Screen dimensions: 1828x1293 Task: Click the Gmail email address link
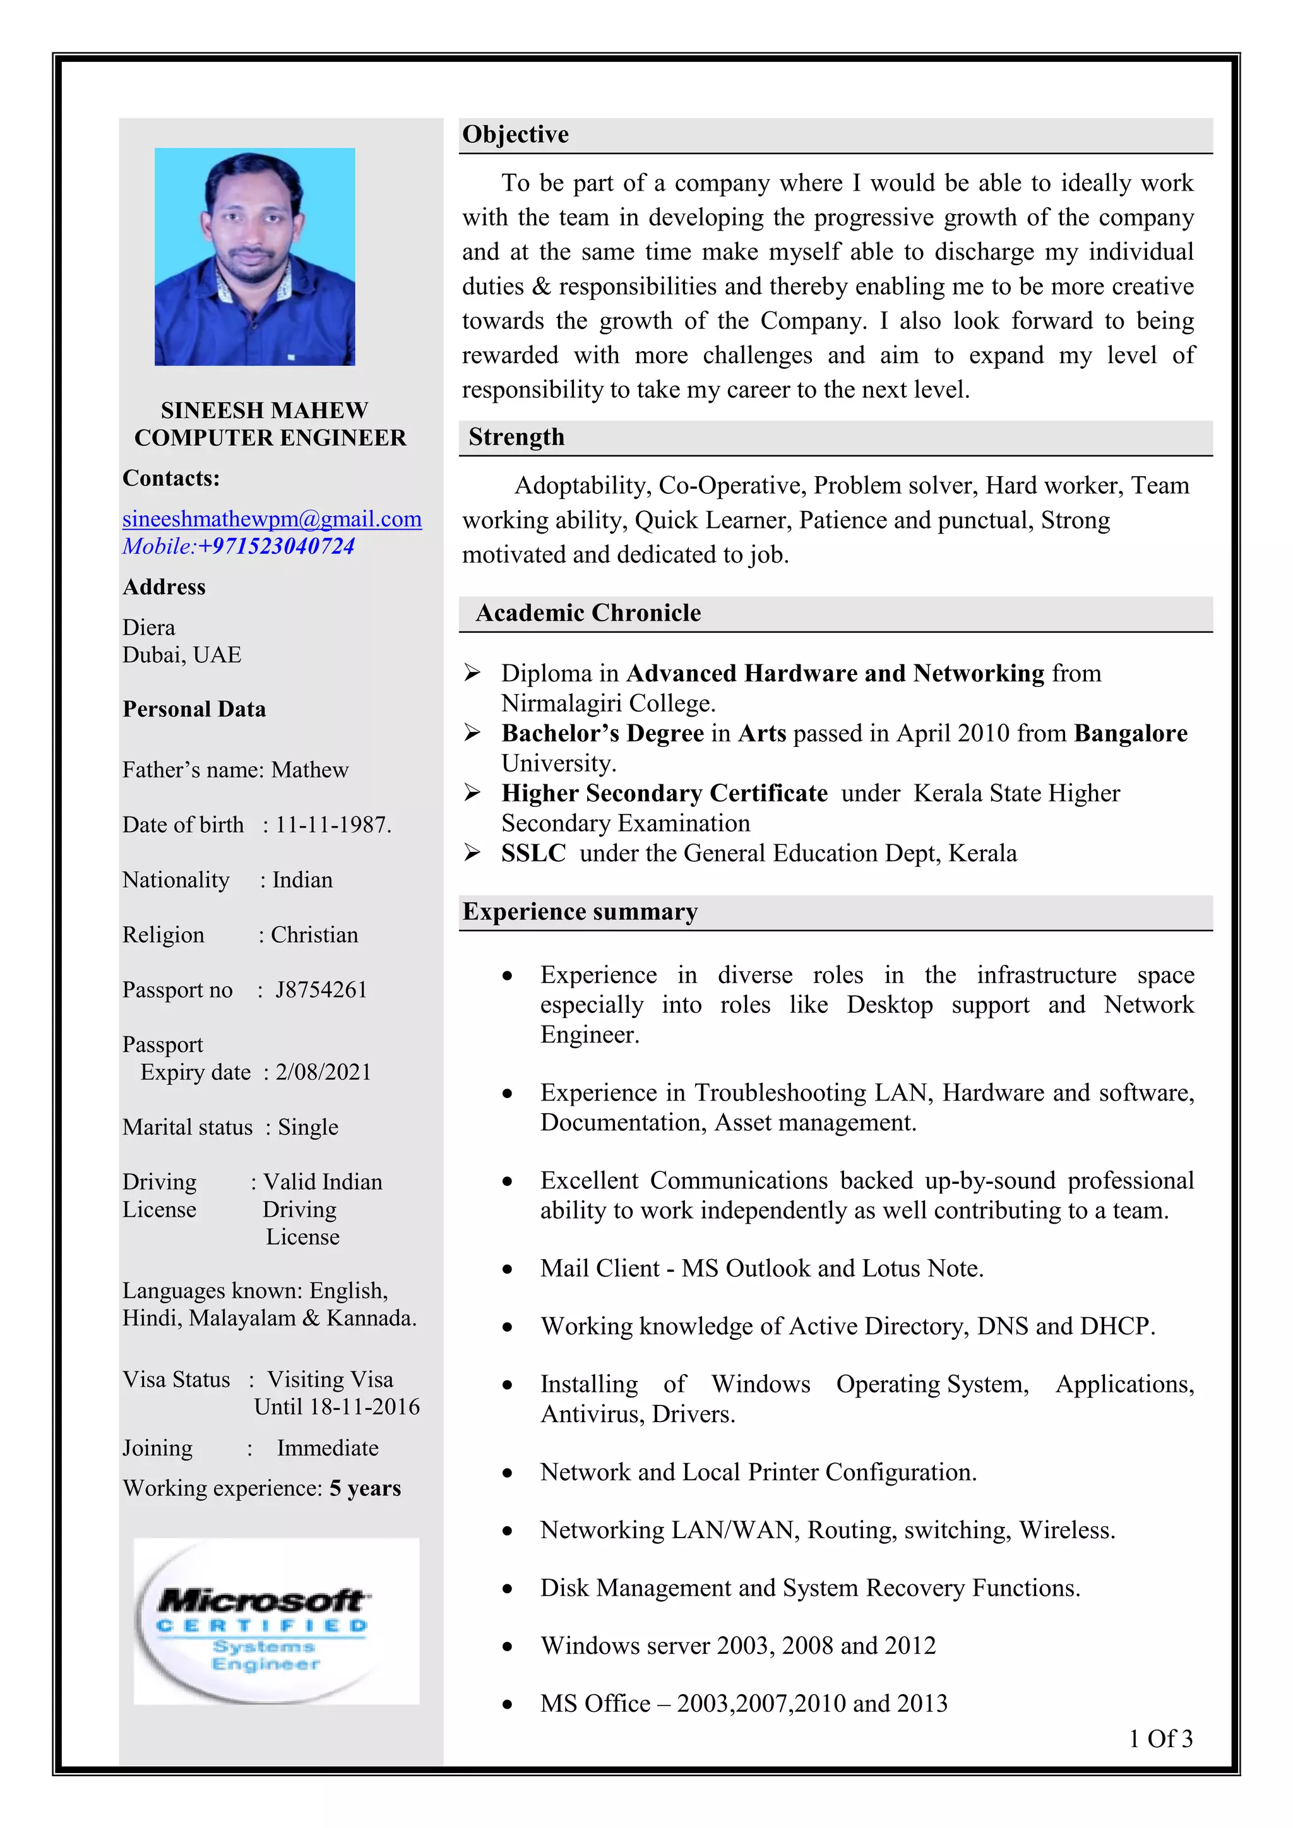tap(271, 519)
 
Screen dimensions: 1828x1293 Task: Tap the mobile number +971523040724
tap(277, 546)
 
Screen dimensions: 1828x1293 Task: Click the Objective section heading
tap(515, 134)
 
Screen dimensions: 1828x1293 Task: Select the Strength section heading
tap(516, 437)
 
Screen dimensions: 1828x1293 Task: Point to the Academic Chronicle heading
tap(588, 613)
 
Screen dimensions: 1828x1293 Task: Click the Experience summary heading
tap(580, 912)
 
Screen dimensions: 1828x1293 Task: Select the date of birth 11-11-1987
tap(333, 825)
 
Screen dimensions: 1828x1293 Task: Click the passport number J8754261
tap(321, 989)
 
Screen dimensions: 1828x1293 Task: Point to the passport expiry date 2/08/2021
tap(323, 1072)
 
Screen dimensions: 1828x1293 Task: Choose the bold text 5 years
tap(365, 1488)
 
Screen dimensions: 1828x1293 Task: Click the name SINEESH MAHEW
tap(265, 410)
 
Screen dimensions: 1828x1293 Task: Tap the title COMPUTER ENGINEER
tap(270, 438)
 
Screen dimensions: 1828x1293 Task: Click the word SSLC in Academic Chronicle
tap(533, 854)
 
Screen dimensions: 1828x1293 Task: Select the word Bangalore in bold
tap(1129, 733)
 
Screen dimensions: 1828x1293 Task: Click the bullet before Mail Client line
tap(507, 1270)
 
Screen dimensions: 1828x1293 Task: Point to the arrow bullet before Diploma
tap(472, 674)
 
